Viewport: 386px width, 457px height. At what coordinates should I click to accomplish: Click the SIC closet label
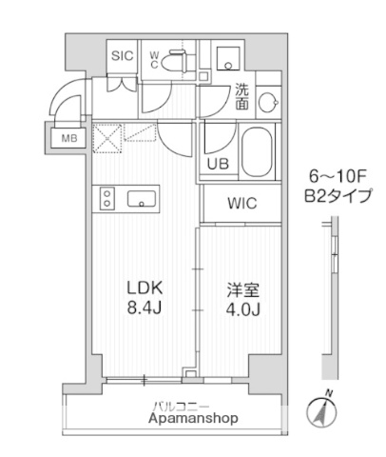click(122, 55)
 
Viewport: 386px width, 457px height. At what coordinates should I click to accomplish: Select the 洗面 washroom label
click(244, 97)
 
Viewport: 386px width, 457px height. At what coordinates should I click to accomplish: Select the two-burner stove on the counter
click(107, 199)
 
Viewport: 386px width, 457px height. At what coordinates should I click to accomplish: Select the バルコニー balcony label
click(180, 405)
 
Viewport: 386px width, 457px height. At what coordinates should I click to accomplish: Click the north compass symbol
click(322, 413)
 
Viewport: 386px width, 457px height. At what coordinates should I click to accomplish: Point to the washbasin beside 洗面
click(269, 100)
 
